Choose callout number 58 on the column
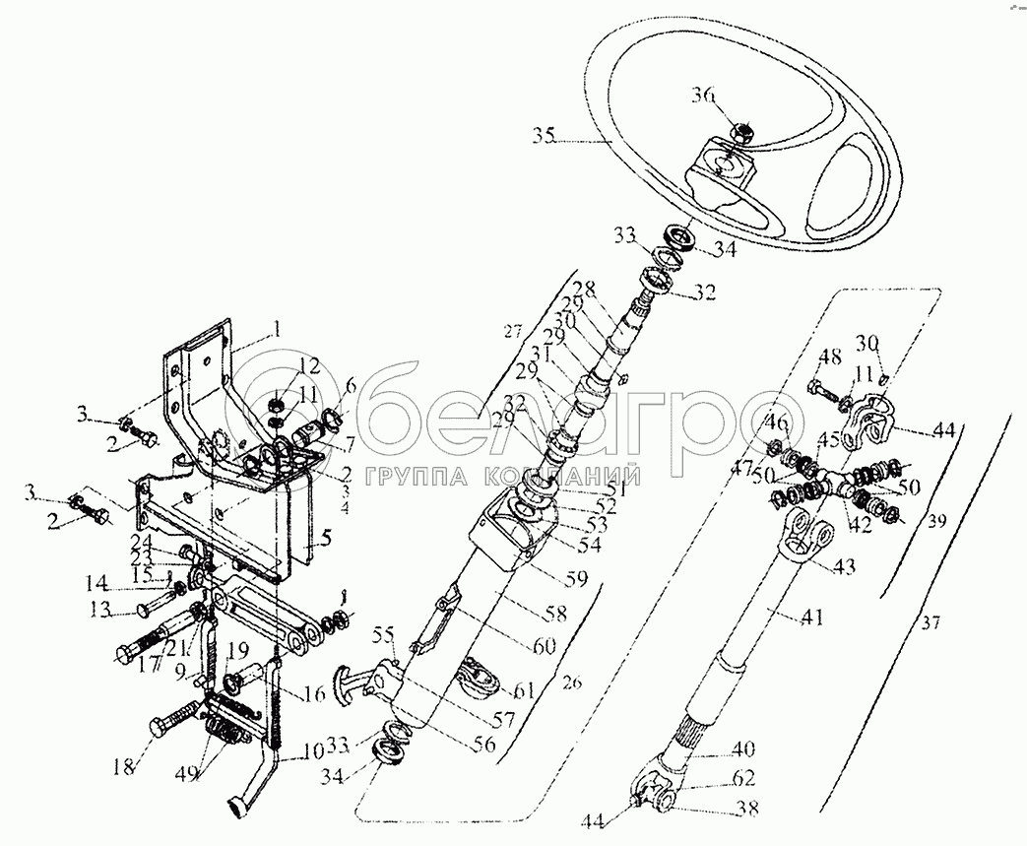555,614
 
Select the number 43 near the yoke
844,566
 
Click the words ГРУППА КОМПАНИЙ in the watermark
503,478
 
